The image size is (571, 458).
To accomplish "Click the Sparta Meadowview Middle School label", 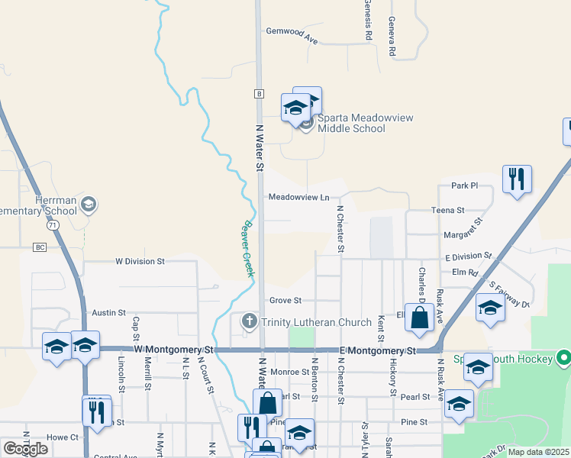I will coord(351,122).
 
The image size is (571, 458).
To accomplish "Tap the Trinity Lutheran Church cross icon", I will coord(249,322).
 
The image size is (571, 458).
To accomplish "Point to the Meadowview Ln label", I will coord(298,197).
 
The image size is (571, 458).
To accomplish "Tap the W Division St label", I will coord(140,261).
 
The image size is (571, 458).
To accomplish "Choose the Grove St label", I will coord(285,301).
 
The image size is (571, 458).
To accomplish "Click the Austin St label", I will coord(108,313).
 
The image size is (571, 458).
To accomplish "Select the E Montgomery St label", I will coord(379,350).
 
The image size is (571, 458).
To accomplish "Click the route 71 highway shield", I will coord(52,226).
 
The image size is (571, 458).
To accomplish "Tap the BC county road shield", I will coord(40,247).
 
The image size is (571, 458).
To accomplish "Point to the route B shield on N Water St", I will coord(259,93).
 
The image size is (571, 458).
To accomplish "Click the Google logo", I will coord(25,449).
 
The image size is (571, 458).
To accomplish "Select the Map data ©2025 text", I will coord(538,452).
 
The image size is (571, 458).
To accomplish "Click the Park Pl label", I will coord(463,185).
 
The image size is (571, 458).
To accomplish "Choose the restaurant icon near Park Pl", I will coord(517,179).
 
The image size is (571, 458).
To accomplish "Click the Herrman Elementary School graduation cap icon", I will coord(89,204).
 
